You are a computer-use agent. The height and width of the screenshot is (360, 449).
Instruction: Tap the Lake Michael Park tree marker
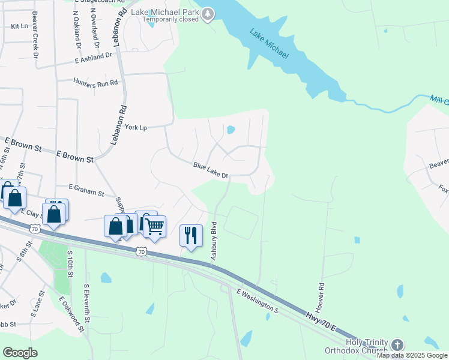click(x=208, y=14)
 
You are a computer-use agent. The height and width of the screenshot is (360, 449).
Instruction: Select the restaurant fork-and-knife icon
click(x=191, y=235)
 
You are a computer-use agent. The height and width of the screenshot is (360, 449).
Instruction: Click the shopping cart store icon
click(x=154, y=227)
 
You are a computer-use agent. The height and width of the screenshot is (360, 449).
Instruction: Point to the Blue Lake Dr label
click(x=211, y=170)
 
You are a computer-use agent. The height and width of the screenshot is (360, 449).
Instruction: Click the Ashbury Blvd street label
click(x=213, y=241)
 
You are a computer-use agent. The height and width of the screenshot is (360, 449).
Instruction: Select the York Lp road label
click(x=136, y=127)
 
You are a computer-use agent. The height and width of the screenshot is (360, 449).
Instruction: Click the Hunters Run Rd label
click(x=95, y=82)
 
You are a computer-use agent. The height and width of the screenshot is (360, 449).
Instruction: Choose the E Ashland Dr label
click(x=94, y=58)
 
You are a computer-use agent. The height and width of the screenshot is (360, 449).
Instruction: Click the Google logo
click(x=20, y=353)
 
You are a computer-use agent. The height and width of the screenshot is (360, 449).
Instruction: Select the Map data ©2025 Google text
click(x=412, y=355)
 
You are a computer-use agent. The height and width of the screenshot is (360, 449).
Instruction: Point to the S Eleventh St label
click(x=86, y=304)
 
